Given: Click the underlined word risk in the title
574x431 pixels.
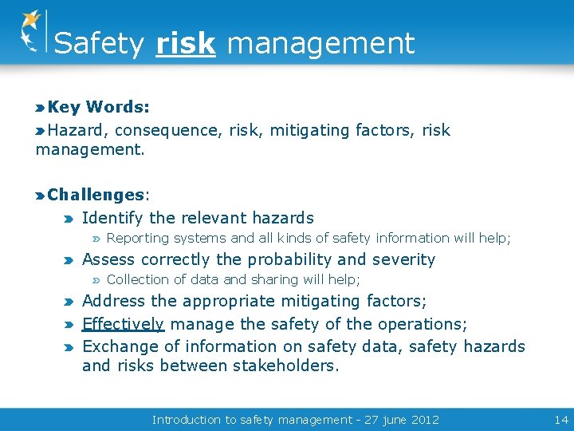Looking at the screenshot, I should pos(186,43).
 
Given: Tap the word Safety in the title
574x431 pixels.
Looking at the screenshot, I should pos(99,43).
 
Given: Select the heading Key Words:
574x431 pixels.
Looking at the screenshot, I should pos(99,107).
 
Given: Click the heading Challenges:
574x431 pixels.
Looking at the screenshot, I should pos(99,195).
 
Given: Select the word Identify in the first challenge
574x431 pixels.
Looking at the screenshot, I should pos(112,218).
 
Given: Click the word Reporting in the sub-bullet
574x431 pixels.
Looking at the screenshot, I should pos(138,238).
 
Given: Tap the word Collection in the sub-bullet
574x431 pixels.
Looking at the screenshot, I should pos(137,279).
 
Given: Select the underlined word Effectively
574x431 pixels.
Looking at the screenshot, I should pos(123,324).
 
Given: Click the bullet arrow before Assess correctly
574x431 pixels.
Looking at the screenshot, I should pos(70,260).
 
